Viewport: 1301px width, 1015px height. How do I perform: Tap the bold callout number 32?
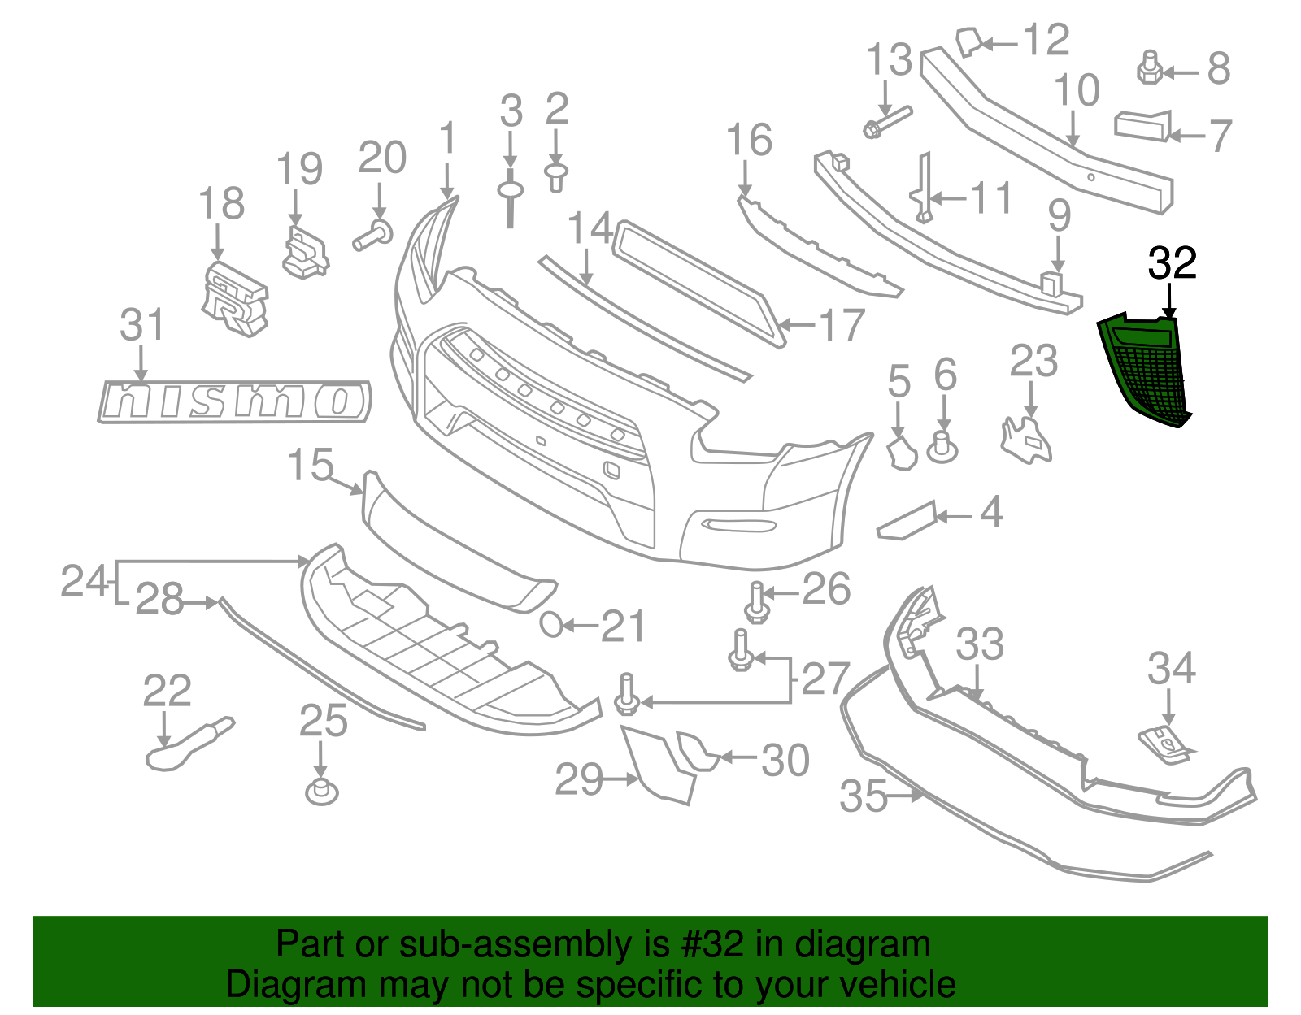click(1172, 263)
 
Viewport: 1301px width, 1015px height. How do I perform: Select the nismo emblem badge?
click(235, 401)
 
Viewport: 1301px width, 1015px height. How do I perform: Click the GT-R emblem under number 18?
click(234, 298)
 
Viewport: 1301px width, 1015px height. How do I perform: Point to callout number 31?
click(142, 325)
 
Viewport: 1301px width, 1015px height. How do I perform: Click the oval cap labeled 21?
click(551, 625)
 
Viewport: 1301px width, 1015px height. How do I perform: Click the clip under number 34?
click(1165, 744)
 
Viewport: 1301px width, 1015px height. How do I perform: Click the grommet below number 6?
click(942, 447)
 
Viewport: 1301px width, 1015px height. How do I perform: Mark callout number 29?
click(579, 780)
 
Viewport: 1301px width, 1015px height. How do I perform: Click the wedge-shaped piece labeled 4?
click(907, 521)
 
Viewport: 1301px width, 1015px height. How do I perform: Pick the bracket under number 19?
click(305, 253)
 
